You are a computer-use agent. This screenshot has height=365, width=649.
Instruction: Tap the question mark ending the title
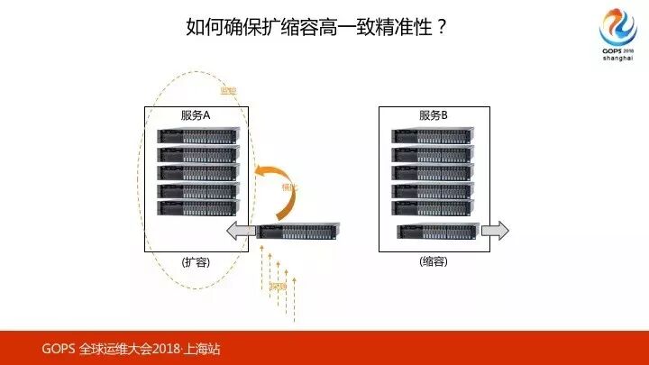[442, 26]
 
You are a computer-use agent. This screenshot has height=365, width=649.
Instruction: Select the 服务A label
[196, 115]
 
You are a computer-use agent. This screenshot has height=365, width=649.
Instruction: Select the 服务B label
[434, 115]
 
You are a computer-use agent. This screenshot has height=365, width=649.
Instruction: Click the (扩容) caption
[196, 261]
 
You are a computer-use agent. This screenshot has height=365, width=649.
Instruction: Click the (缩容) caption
[434, 261]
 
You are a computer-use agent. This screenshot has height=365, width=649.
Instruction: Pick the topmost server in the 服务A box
[197, 136]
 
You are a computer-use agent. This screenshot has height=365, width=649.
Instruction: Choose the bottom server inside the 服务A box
[197, 207]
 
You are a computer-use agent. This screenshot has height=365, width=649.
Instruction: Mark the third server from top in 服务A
[197, 171]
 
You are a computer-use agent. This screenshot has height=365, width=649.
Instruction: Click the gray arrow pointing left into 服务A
[239, 232]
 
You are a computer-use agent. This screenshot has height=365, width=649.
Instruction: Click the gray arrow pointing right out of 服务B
[495, 231]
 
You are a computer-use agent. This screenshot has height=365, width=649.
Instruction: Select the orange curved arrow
[275, 190]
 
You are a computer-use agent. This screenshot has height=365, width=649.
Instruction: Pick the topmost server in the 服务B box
[434, 136]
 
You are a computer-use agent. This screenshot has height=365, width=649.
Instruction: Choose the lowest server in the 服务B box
[437, 231]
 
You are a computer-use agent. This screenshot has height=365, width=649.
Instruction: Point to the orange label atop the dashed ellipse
[227, 90]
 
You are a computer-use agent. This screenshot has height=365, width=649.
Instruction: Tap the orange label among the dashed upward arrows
[279, 287]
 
